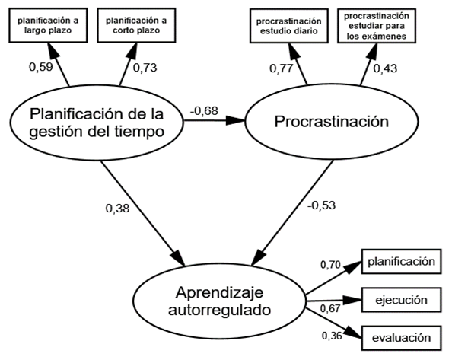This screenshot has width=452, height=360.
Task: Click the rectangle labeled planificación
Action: click(x=401, y=262)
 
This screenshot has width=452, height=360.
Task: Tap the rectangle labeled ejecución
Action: click(x=401, y=299)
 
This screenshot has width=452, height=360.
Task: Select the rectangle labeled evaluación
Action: click(x=401, y=337)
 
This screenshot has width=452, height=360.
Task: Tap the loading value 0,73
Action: click(x=146, y=68)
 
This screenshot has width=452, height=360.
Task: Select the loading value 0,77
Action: click(x=282, y=68)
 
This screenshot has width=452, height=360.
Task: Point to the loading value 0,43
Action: click(x=385, y=68)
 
